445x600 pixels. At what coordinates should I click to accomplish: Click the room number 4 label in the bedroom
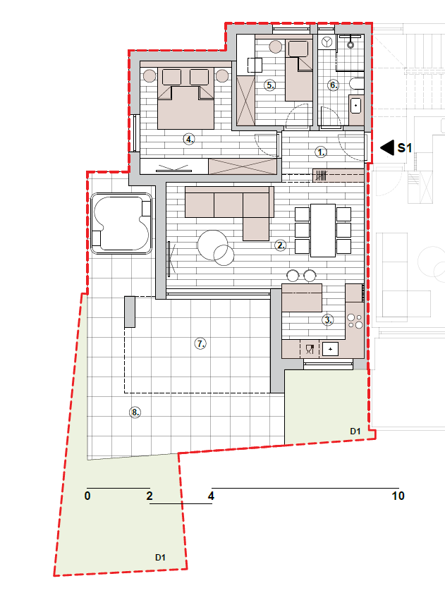[x=188, y=139]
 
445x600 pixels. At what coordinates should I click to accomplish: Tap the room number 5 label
[x=270, y=85]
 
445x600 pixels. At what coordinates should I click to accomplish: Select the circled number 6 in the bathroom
[x=334, y=85]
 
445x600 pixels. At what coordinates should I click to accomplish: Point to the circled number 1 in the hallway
[x=321, y=152]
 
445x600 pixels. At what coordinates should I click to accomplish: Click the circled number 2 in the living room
[x=281, y=245]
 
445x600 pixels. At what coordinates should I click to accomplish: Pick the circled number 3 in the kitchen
[x=327, y=319]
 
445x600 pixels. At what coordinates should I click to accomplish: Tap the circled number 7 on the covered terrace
[x=200, y=343]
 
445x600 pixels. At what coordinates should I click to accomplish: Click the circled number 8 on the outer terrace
[x=135, y=412]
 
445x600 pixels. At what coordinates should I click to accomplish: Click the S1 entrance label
[x=404, y=147]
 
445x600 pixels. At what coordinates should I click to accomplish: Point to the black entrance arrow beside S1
[x=387, y=147]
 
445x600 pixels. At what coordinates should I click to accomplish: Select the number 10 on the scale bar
[x=398, y=496]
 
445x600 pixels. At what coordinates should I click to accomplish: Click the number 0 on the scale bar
[x=87, y=496]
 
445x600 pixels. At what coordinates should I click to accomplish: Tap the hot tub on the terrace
[x=121, y=224]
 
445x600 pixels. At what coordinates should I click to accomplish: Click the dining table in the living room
[x=323, y=231]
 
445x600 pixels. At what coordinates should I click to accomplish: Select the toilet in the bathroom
[x=357, y=83]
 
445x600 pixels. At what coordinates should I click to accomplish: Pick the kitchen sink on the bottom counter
[x=330, y=349]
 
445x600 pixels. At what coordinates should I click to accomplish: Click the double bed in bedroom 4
[x=185, y=99]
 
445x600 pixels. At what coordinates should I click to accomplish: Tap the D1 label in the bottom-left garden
[x=160, y=558]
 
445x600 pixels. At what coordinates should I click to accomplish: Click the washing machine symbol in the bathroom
[x=327, y=42]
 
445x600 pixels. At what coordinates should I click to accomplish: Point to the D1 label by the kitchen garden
[x=355, y=431]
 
